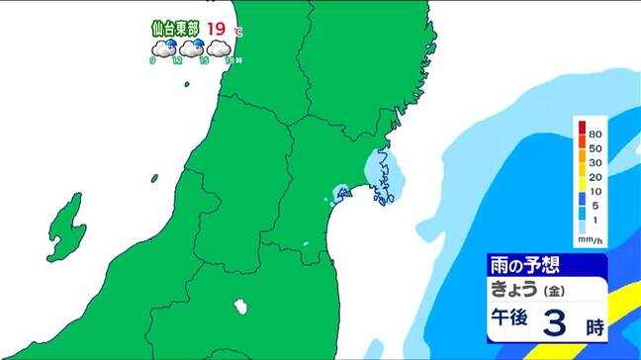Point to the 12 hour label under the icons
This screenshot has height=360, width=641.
coord(176,61)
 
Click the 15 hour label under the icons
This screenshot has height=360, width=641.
coord(203,61)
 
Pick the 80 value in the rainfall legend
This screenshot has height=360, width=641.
coord(595,133)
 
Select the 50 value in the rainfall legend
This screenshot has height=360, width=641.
coord(595,147)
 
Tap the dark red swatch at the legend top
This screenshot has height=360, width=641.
coord(581,129)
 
